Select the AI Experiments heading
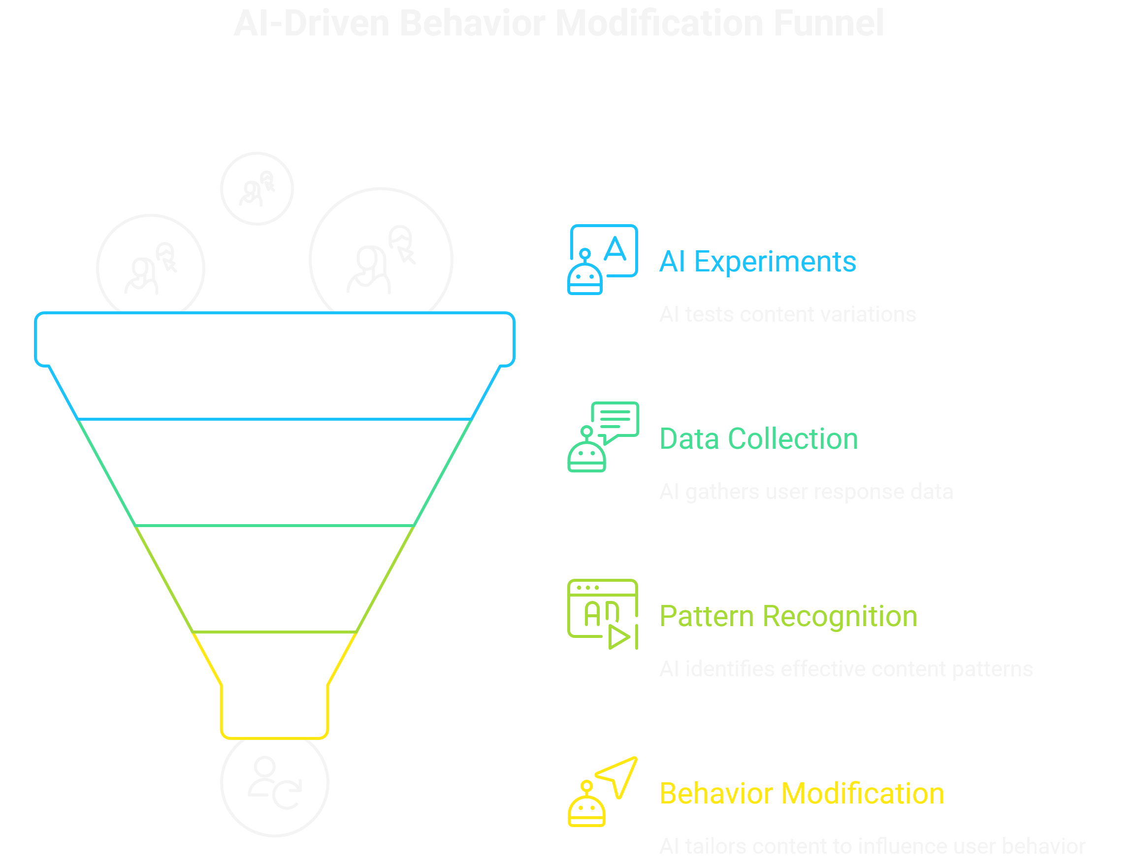[x=757, y=261]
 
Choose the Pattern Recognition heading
[x=788, y=616]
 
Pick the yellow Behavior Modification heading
[x=801, y=793]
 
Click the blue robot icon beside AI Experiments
[x=602, y=260]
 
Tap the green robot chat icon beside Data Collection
[x=602, y=436]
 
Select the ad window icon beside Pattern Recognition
[x=602, y=614]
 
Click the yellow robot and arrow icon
[x=602, y=792]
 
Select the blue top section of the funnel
[x=274, y=367]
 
